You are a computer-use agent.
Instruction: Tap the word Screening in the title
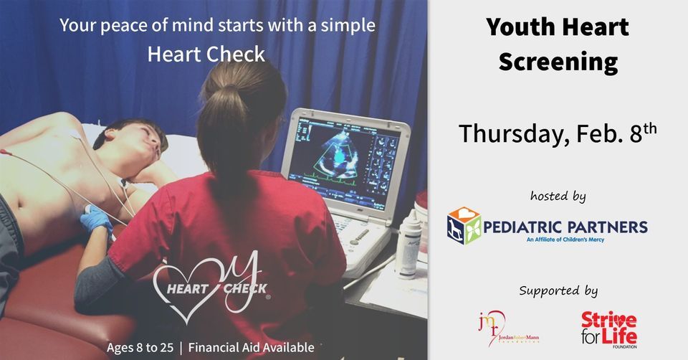pyautogui.click(x=558, y=62)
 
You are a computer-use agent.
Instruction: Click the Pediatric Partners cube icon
pyautogui.click(x=464, y=226)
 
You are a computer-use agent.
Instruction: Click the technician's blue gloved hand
pyautogui.click(x=95, y=219)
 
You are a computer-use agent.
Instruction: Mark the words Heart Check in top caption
pyautogui.click(x=206, y=54)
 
